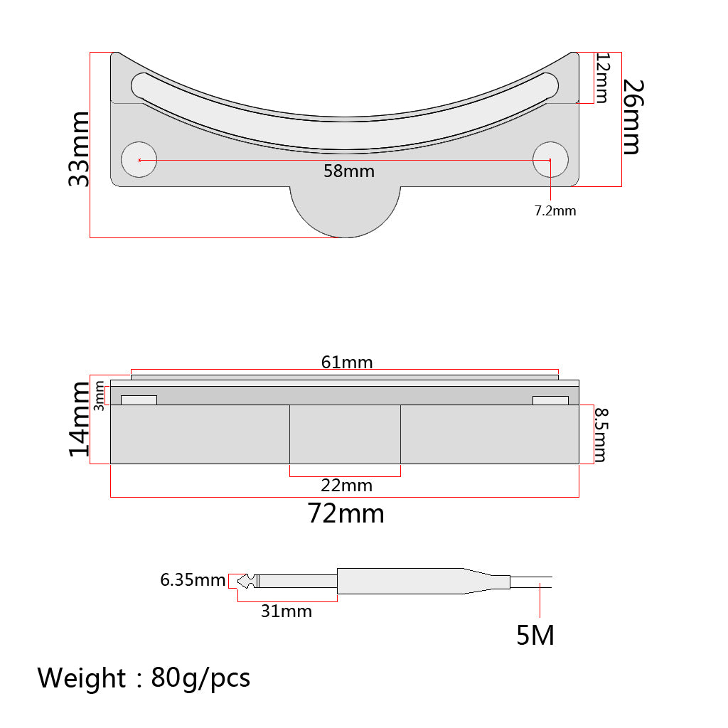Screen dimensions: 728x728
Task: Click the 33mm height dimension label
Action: click(78, 149)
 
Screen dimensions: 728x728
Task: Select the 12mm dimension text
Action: click(602, 77)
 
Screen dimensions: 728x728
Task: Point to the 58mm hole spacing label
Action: click(349, 171)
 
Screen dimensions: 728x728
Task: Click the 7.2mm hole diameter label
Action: click(555, 210)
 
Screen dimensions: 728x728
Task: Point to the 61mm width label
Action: click(347, 362)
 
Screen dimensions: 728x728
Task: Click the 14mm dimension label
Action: click(79, 419)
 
